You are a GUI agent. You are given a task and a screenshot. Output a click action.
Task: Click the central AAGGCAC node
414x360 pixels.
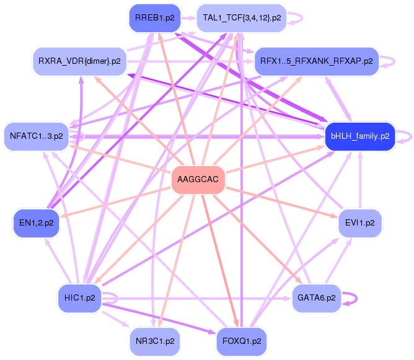[198, 180]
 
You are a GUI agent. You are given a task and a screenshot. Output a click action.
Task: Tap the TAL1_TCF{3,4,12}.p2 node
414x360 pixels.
[242, 18]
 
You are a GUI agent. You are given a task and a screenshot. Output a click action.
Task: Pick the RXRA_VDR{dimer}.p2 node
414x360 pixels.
[79, 61]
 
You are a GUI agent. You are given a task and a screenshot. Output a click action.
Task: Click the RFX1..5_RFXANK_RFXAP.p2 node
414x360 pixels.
[316, 61]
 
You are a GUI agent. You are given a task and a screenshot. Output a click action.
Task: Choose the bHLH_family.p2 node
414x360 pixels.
[360, 136]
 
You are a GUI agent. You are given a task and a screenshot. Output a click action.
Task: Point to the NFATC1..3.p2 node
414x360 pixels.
[37, 136]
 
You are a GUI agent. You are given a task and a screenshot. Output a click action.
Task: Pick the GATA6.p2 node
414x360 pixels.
[316, 298]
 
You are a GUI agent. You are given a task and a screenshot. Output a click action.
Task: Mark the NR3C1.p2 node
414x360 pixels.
[154, 341]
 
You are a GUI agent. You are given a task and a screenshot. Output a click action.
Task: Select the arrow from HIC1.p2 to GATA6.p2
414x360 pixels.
[205, 298]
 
